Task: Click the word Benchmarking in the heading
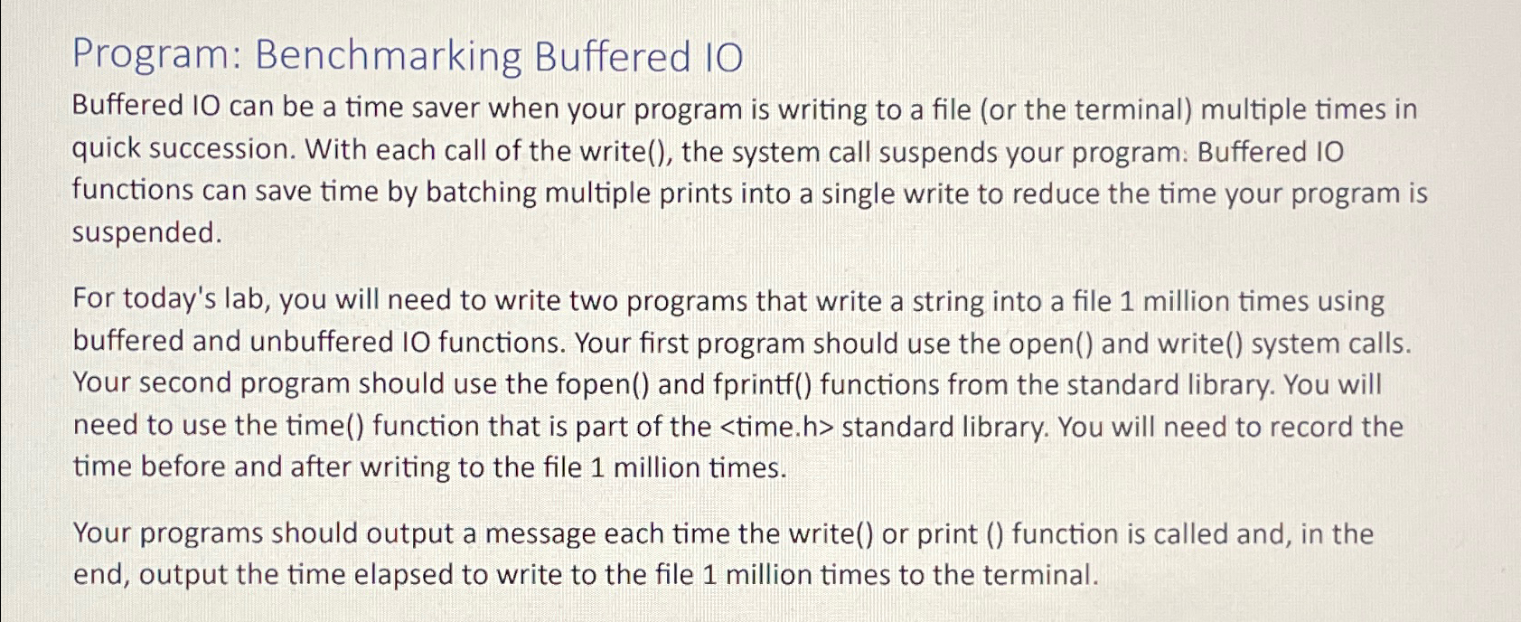(389, 57)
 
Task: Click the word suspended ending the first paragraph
(147, 233)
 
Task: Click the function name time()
(325, 426)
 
